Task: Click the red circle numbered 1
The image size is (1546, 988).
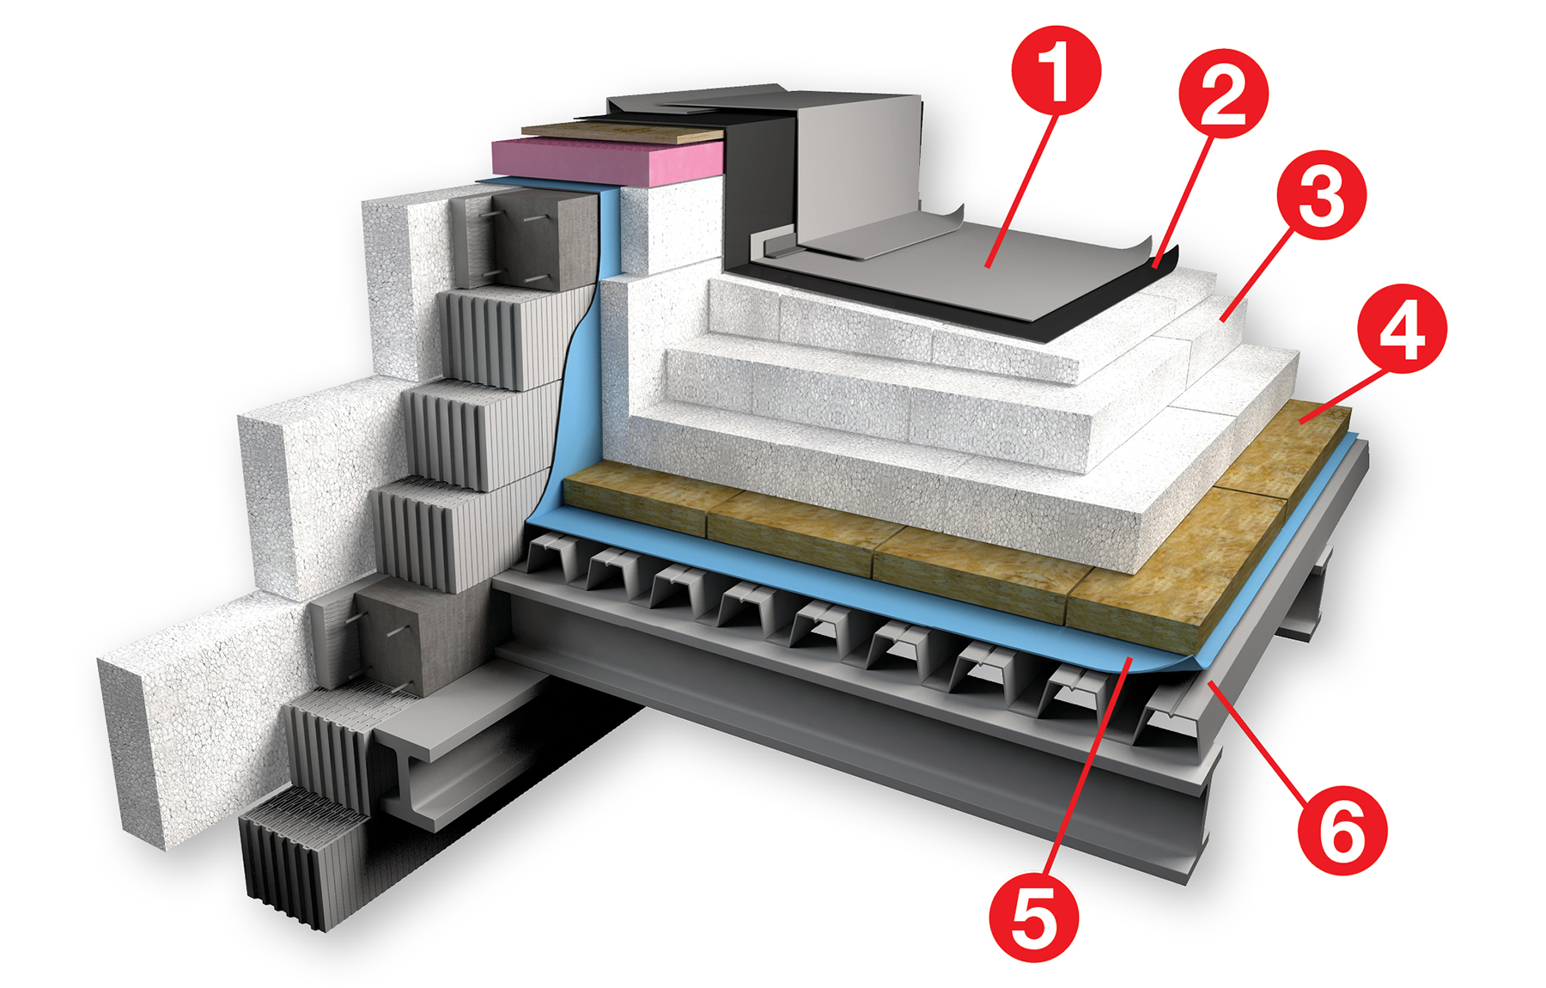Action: coord(1056,70)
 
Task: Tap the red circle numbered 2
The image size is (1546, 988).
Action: coord(1223,93)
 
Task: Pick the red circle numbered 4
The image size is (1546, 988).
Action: coord(1402,328)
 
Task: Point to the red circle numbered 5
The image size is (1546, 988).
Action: coord(1033,917)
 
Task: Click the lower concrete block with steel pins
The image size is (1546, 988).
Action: coord(386,640)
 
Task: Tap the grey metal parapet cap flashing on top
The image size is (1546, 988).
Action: coord(850,155)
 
